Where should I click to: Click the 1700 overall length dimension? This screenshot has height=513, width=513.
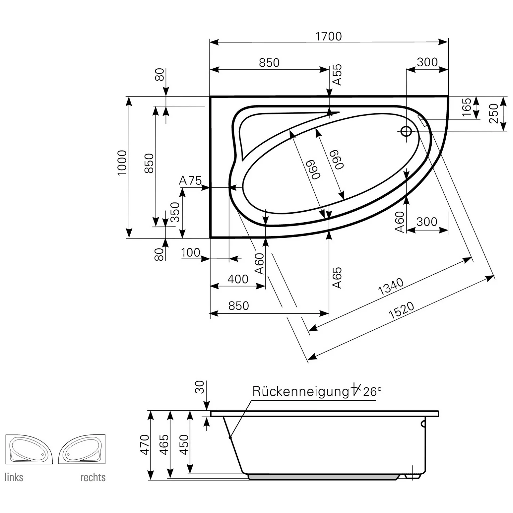[329, 36]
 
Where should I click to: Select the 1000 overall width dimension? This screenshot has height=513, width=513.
[122, 163]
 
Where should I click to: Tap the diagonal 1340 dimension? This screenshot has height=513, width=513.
[391, 287]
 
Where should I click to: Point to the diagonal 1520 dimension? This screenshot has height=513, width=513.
[401, 311]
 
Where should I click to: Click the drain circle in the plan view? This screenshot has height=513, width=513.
[406, 131]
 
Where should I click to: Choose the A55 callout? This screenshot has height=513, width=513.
[337, 75]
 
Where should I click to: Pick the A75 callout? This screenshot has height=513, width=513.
[190, 180]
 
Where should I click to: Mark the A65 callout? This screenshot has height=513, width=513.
[337, 278]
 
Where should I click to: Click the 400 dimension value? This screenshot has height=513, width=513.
[238, 279]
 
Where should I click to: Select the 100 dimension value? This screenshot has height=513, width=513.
[190, 253]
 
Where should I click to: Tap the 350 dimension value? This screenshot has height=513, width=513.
[175, 212]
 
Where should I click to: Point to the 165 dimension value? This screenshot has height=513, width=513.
[467, 107]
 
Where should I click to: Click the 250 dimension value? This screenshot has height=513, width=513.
[494, 114]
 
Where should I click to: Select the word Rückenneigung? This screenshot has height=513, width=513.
[301, 392]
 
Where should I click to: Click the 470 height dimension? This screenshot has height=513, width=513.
[145, 445]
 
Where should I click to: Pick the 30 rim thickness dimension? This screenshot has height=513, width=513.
[200, 387]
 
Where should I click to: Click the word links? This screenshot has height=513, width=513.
[14, 477]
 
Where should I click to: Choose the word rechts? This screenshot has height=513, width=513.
[93, 477]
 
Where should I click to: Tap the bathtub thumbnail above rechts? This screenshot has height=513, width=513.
[82, 449]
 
